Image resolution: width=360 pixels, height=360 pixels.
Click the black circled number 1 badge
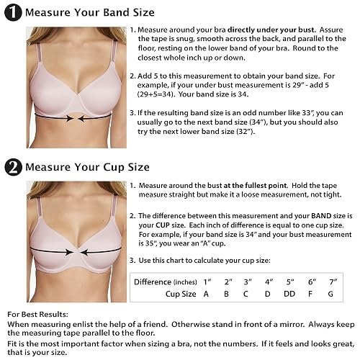tap(13, 13)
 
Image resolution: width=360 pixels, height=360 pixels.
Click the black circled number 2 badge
tap(13, 167)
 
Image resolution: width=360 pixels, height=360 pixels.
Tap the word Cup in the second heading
tap(114, 167)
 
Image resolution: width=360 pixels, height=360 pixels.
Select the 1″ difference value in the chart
tap(207, 282)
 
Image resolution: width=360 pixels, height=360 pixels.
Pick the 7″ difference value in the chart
tap(333, 282)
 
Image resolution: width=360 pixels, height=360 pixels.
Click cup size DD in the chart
tap(289, 294)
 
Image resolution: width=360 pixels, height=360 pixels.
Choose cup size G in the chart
tap(330, 294)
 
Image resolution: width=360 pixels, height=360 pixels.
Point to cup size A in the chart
tap(206, 294)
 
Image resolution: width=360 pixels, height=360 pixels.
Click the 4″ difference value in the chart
tap(269, 282)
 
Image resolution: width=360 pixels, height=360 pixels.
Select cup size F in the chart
tap(310, 294)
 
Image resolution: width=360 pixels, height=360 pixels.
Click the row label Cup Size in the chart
tap(181, 294)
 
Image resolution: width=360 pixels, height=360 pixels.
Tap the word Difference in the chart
tap(153, 282)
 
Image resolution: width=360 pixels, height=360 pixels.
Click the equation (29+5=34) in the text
tap(155, 94)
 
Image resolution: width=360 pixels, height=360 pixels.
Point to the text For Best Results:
tap(38, 315)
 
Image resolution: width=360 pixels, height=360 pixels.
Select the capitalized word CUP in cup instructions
tap(163, 225)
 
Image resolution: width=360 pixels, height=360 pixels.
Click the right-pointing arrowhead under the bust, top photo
tap(70, 118)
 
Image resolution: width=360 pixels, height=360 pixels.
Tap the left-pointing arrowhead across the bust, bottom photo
tap(84, 253)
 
